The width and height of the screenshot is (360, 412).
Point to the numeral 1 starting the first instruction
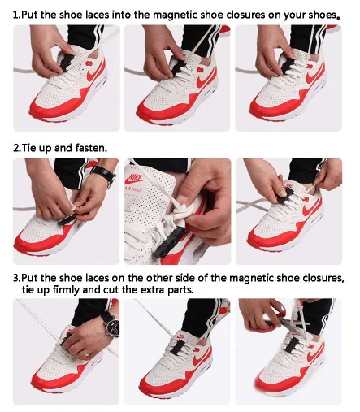[x=15, y=15]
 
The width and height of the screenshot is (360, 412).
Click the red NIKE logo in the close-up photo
[x=135, y=179]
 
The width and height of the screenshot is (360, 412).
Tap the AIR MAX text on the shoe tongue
[x=133, y=189]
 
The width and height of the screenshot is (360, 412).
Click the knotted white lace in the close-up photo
[x=177, y=213]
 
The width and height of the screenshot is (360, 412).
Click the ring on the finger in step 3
[x=85, y=353]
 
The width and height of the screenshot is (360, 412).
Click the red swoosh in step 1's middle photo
[x=206, y=80]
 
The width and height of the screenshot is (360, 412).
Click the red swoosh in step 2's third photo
[x=311, y=211]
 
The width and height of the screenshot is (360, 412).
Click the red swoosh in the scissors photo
[x=315, y=358]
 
